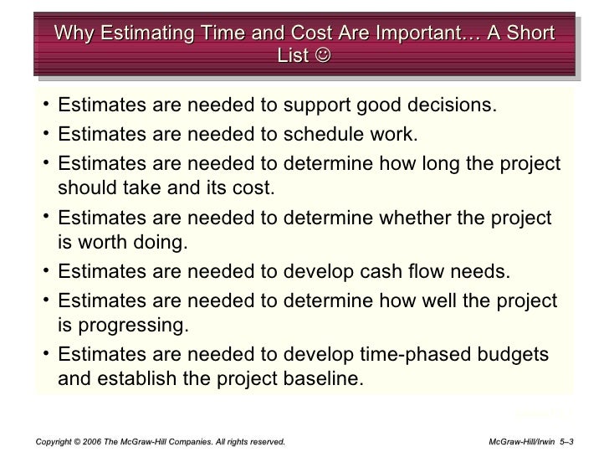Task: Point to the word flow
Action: point(436,271)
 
